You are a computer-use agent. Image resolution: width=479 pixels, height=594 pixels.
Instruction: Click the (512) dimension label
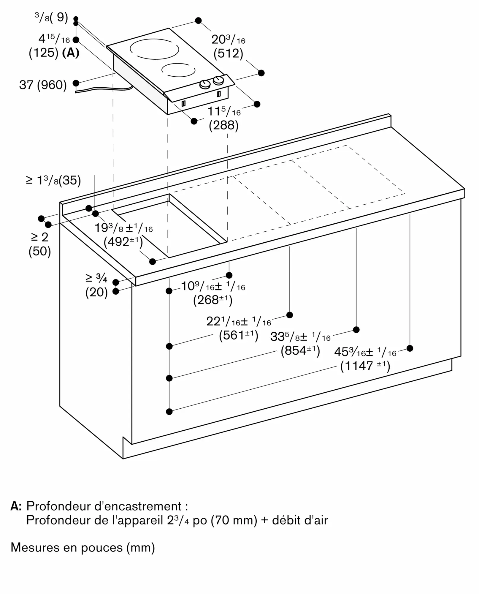pos(228,53)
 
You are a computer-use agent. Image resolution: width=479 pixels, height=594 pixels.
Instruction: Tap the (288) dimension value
pos(223,125)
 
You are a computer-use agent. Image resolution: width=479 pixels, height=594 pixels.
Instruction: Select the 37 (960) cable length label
pos(43,85)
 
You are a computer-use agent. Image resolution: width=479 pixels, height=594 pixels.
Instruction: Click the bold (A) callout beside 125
pos(71,53)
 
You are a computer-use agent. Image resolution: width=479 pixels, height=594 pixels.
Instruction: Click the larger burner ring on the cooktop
pos(154,49)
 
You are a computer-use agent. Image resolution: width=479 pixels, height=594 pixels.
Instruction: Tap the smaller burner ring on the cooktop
pos(178,70)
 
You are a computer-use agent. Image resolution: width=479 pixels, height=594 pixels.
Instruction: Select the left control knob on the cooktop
pos(205,84)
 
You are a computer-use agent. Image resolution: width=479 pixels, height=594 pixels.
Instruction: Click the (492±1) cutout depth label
pos(123,242)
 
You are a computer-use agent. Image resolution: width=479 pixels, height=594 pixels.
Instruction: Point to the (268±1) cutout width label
pos(212,300)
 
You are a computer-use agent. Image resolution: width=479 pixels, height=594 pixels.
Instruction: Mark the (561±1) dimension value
pos(238,335)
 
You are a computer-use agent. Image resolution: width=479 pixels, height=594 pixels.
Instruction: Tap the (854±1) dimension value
pos(300,351)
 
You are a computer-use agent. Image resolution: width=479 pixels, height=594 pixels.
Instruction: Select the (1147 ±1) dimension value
pos(365,366)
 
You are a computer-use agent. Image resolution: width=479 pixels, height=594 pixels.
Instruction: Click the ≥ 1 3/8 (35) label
pos(54,180)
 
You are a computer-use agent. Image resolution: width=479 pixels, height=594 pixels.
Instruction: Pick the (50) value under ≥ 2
pos(40,251)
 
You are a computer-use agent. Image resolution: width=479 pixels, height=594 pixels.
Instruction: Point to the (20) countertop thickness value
pos(96,292)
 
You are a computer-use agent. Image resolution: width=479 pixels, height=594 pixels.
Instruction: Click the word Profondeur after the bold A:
pos(58,506)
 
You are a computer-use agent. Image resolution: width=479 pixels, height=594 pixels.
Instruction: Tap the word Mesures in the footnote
pos(35,547)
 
